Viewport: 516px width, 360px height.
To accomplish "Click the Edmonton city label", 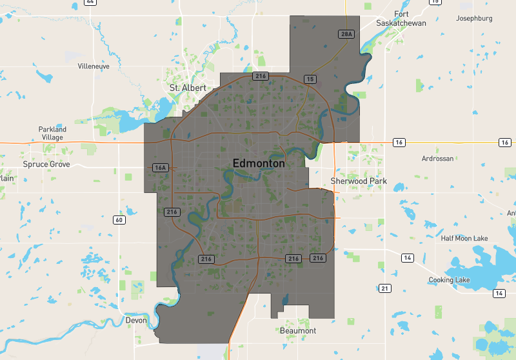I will (x=259, y=164).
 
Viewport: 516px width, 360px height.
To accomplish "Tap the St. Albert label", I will (x=188, y=88).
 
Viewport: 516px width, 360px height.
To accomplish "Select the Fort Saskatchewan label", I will (x=401, y=19).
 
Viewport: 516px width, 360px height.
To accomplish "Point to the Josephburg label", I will (x=474, y=18).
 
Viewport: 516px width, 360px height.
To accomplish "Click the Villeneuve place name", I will (x=94, y=66).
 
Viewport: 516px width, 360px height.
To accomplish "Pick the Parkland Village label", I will (x=52, y=134).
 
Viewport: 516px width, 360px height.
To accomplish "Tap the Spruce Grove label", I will (x=46, y=165).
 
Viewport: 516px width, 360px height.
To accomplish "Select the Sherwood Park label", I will (x=359, y=181).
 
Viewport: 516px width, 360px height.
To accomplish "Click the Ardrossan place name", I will (x=437, y=158).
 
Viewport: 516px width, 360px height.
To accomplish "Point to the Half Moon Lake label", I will (x=464, y=239).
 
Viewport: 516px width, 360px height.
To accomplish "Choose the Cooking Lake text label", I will (x=450, y=280).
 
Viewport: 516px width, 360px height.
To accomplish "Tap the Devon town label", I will (x=136, y=320).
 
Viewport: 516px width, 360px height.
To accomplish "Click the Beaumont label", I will (x=298, y=331).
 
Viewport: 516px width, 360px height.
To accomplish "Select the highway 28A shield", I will (x=346, y=34).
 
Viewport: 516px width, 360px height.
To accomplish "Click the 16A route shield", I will (x=161, y=168).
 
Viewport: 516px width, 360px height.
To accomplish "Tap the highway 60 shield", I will (x=119, y=220).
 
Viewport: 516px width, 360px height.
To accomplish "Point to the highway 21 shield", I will (x=385, y=288).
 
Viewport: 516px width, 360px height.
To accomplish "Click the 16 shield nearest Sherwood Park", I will (x=399, y=142).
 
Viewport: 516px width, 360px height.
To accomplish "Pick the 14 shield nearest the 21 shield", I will (x=407, y=258).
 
